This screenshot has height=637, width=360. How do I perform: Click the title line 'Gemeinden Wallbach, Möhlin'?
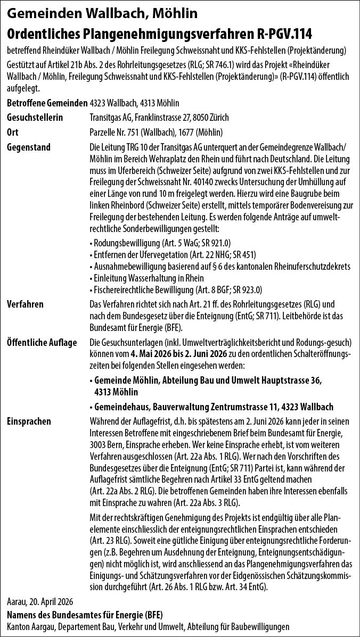(102, 12)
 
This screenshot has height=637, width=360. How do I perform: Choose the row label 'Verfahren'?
(26, 304)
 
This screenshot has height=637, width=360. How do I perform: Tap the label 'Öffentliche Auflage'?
(42, 341)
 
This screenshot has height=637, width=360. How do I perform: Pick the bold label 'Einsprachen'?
(29, 421)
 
